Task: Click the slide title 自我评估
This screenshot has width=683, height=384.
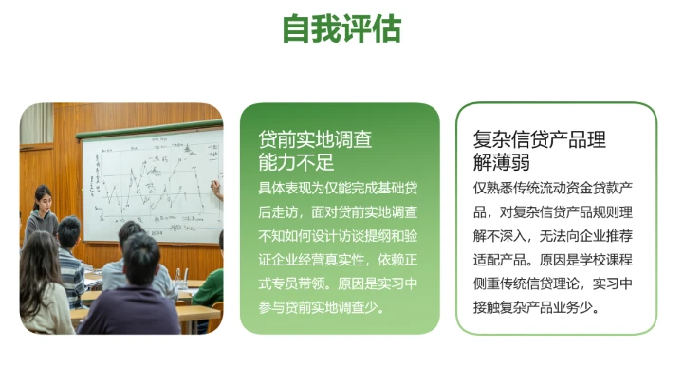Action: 341,28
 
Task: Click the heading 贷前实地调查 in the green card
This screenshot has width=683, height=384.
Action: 316,139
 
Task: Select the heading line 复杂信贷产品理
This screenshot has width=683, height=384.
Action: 540,139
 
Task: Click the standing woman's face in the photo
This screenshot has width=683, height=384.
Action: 42,198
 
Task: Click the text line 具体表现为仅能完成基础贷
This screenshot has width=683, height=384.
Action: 339,187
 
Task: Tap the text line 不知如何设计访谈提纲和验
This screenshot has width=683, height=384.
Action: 339,235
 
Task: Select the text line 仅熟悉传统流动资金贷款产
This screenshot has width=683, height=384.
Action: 555,187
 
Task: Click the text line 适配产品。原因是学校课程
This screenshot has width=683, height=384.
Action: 555,260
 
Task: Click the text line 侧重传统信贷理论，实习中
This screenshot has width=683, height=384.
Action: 555,283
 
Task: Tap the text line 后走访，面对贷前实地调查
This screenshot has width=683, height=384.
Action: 339,211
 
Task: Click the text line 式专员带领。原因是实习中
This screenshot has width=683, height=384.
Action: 339,283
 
